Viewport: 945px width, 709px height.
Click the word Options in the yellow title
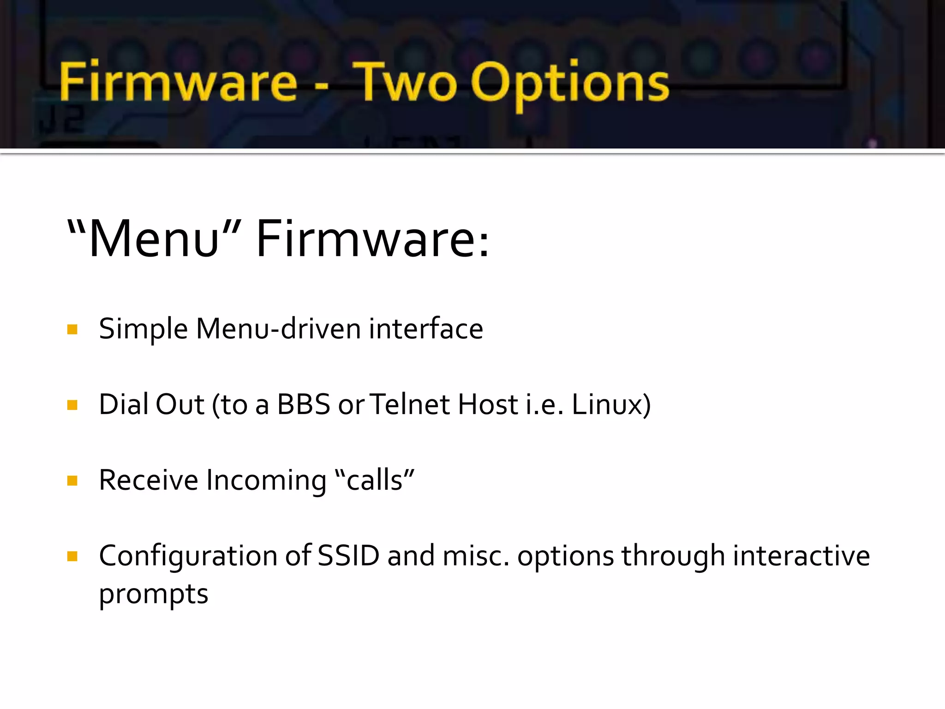tap(570, 83)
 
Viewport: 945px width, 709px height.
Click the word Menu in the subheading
tap(154, 239)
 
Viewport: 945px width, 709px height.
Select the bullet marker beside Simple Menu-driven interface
tap(72, 330)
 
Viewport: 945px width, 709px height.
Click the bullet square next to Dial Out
tap(72, 405)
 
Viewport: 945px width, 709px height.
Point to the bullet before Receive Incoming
tap(72, 481)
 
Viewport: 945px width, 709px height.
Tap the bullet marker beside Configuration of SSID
tap(72, 556)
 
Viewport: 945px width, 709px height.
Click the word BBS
tap(304, 404)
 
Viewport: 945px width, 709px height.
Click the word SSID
tap(348, 556)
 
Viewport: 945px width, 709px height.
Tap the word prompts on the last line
tap(154, 595)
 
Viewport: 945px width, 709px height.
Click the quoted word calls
tap(374, 481)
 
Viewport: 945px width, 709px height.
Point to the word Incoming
tap(266, 481)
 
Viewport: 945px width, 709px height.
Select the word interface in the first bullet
tap(426, 329)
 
